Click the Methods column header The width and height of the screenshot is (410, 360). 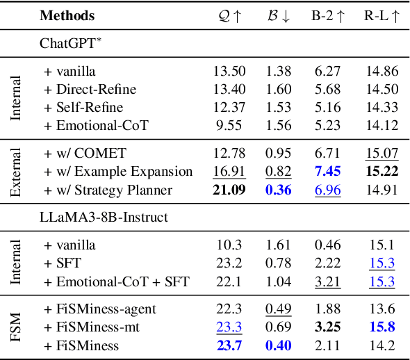[x=67, y=15]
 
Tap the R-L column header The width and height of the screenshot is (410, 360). [x=382, y=15]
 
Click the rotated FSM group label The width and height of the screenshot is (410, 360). [x=17, y=327]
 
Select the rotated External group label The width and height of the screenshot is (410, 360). [x=17, y=171]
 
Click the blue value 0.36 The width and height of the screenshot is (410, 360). [x=278, y=190]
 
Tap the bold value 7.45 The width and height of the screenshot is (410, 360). [x=327, y=172]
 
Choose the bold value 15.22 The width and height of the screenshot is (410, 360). [x=382, y=172]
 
